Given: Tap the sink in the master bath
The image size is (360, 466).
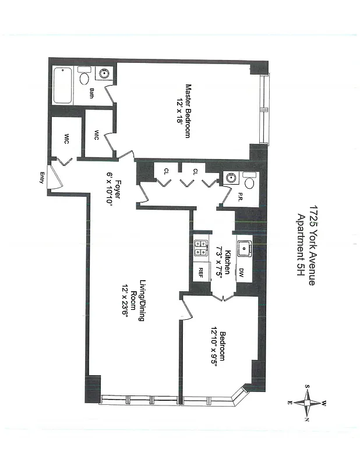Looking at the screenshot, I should tap(105, 74).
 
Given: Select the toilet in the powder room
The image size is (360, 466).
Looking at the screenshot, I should tap(248, 182).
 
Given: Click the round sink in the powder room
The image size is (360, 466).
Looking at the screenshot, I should tap(230, 179).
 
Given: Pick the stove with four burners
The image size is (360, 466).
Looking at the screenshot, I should tap(201, 249).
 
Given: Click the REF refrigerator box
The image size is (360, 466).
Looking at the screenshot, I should tap(201, 273).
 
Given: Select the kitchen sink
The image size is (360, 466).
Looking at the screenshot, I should tap(243, 249).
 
